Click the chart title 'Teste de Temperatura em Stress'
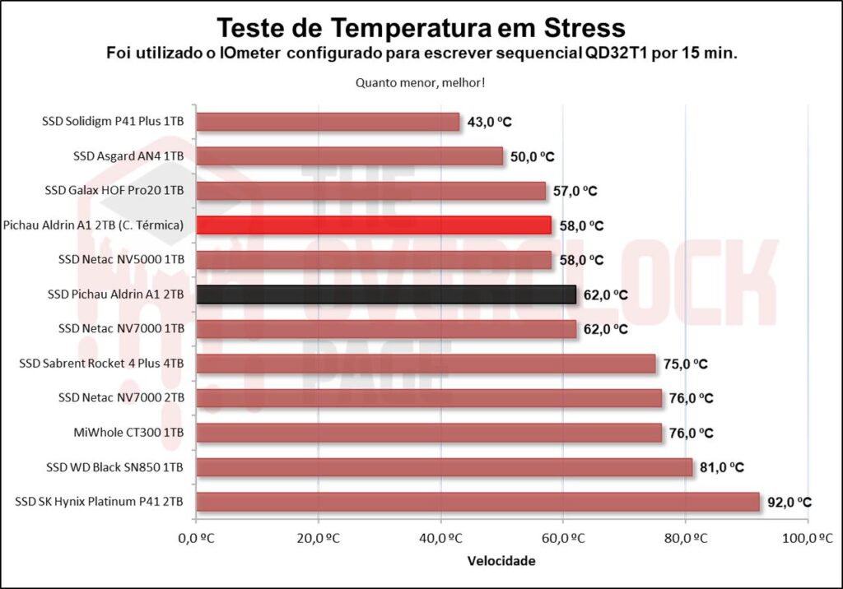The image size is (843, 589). click(x=421, y=28)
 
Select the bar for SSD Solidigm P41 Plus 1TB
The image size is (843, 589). click(x=328, y=122)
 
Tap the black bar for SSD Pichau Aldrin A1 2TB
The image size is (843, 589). click(x=385, y=294)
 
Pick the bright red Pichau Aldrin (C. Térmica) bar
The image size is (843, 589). click(x=373, y=225)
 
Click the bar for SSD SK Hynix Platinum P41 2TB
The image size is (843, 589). click(x=477, y=502)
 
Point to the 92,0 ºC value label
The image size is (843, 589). click(x=789, y=502)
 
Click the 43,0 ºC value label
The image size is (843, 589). click(x=489, y=122)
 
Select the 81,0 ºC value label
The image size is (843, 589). click(x=721, y=467)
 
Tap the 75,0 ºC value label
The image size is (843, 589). click(x=685, y=364)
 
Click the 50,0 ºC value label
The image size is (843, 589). click(x=532, y=156)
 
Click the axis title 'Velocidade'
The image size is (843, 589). click(x=501, y=561)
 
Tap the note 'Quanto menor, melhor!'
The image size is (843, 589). click(x=420, y=82)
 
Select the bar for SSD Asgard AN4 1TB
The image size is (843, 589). click(x=349, y=156)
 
